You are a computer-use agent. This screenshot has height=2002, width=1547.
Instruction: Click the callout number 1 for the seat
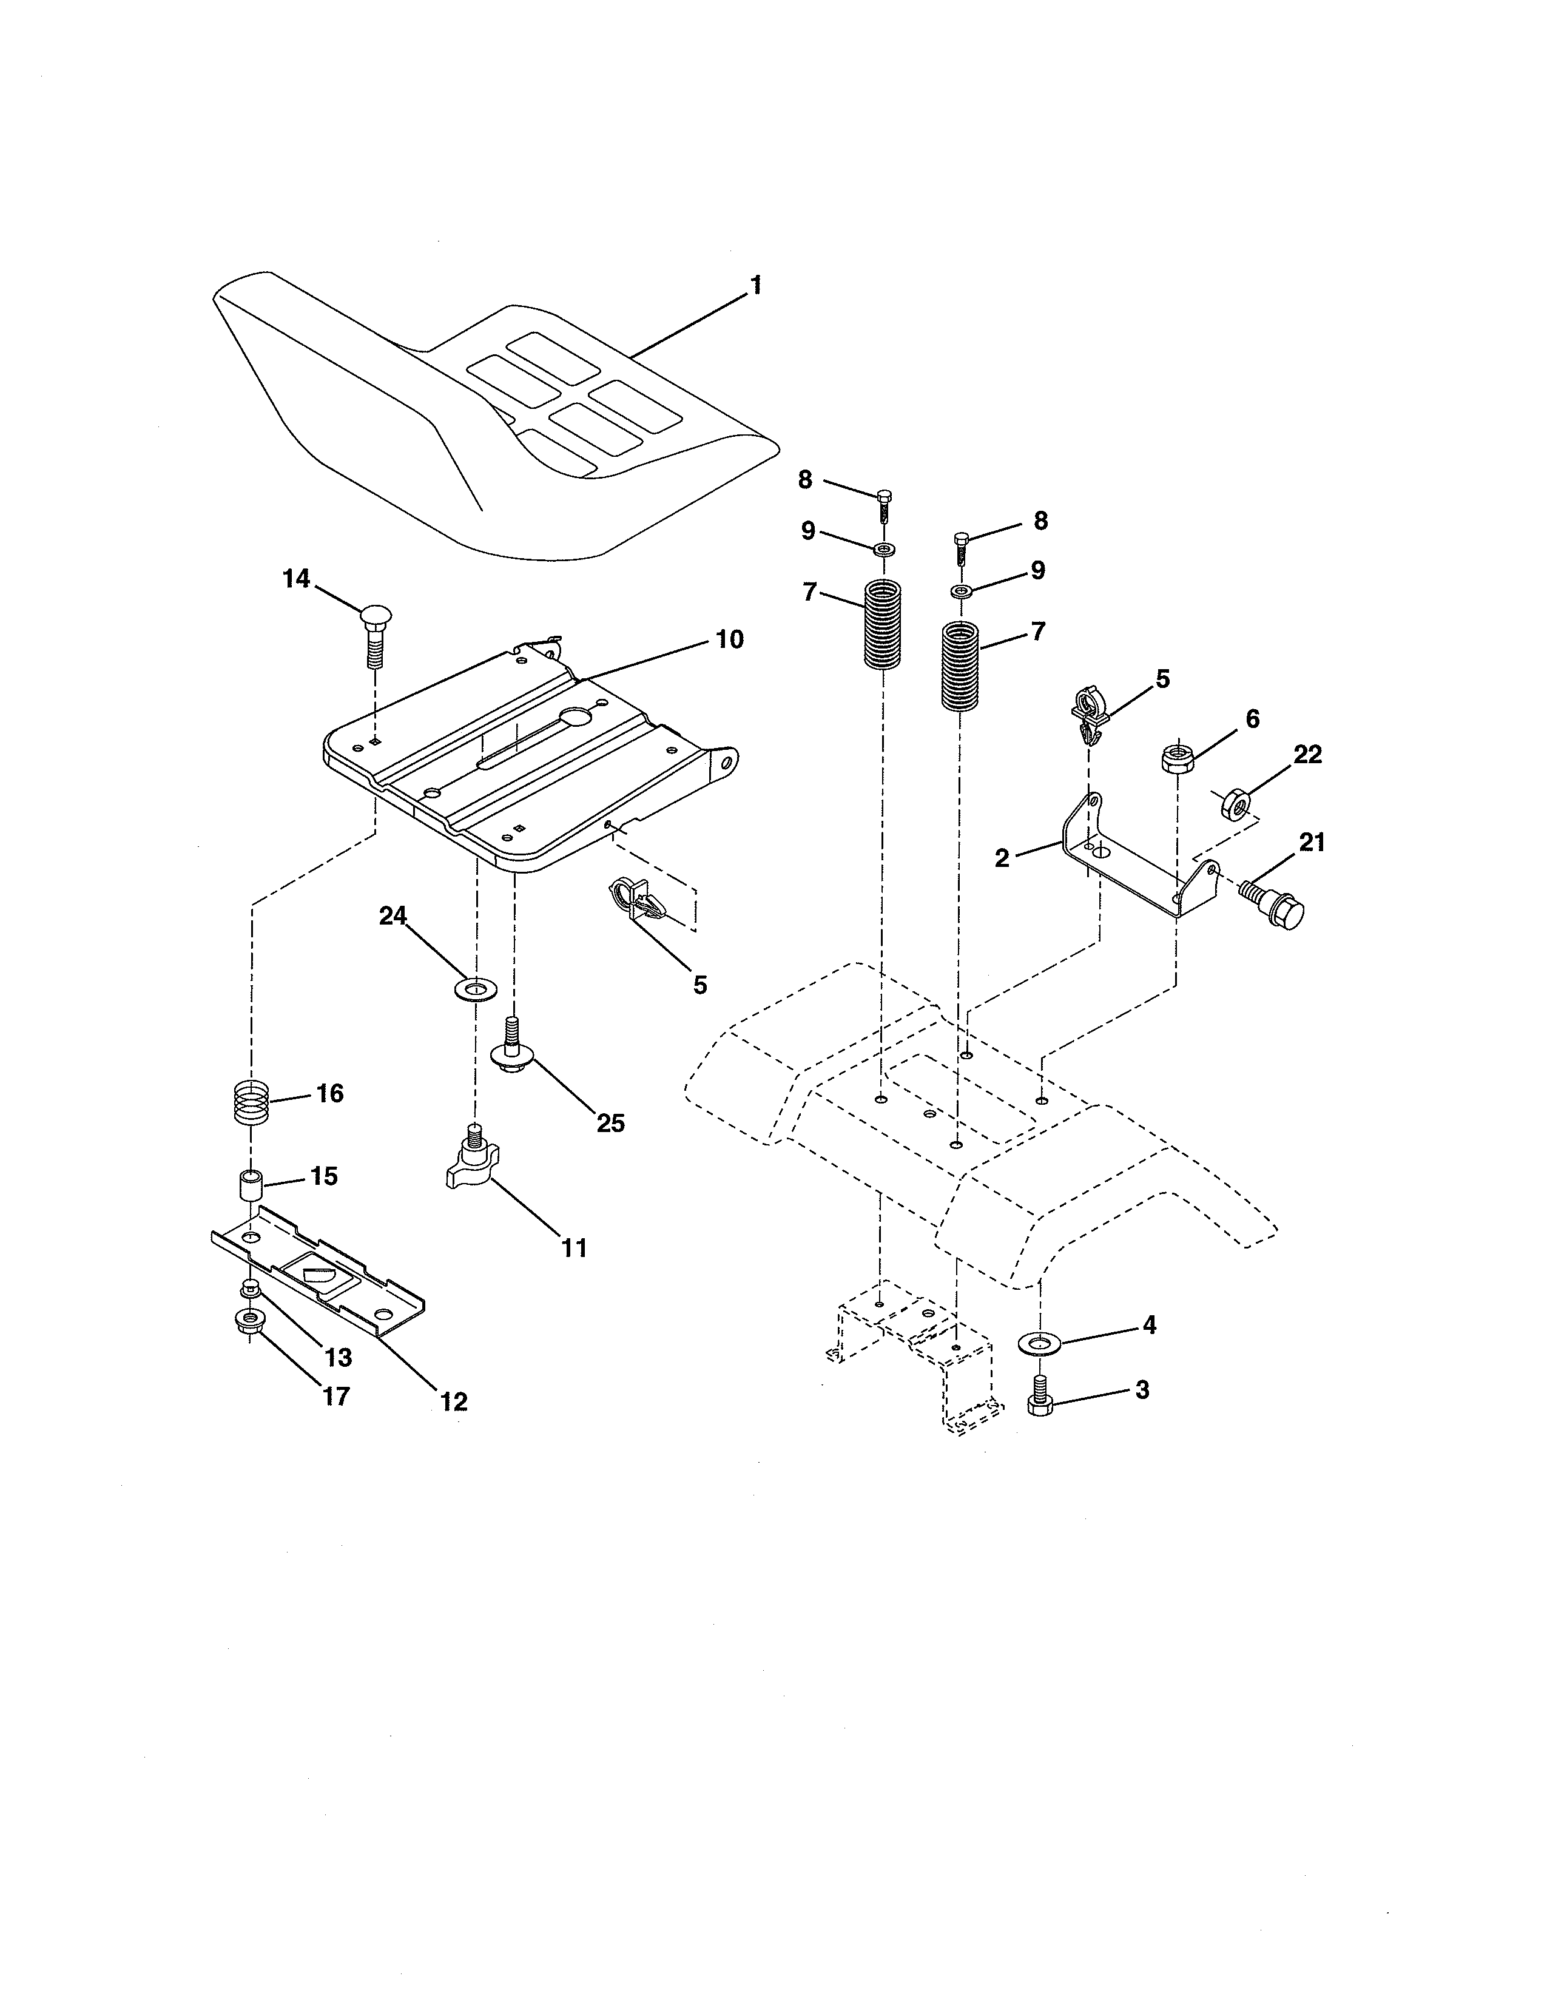(x=755, y=285)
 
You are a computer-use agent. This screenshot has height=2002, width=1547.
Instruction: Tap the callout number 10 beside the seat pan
(x=729, y=639)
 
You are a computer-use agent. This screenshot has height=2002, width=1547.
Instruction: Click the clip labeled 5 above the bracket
(x=1089, y=716)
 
